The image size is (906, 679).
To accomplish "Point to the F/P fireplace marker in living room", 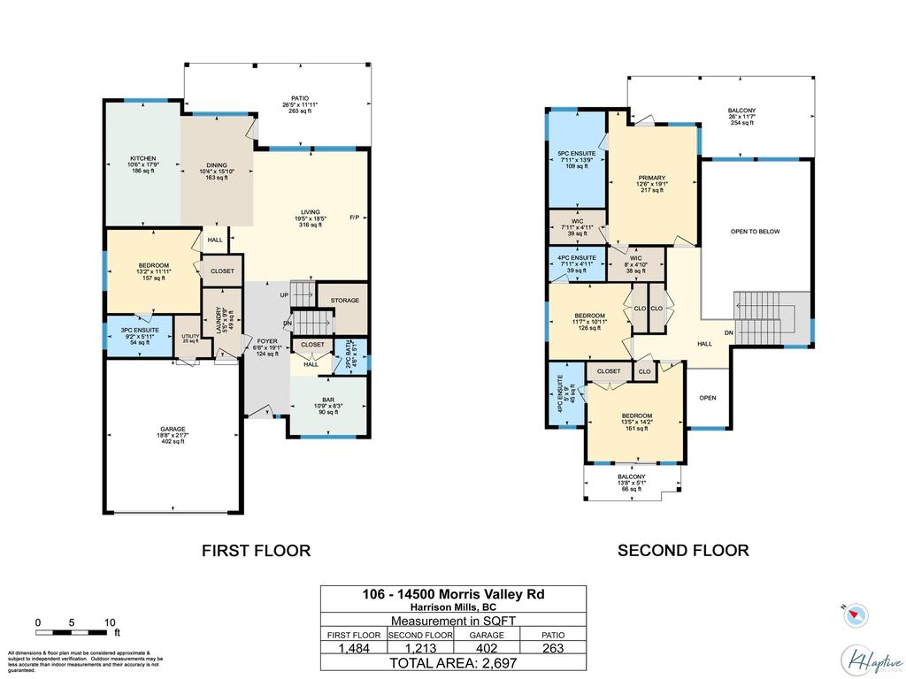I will pyautogui.click(x=354, y=217).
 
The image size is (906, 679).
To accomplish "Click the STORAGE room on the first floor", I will pyautogui.click(x=345, y=301).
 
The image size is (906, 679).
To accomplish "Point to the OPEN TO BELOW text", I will pyautogui.click(x=755, y=232).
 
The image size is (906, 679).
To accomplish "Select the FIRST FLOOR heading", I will pyautogui.click(x=257, y=551).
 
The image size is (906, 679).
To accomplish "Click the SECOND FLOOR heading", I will pyautogui.click(x=683, y=551).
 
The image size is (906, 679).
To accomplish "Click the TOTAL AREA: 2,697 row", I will pyautogui.click(x=452, y=662).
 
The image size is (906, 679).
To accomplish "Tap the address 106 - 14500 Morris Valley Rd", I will pyautogui.click(x=452, y=594).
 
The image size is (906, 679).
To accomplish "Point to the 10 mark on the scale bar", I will pyautogui.click(x=111, y=622).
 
